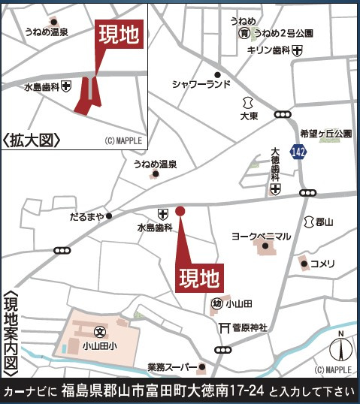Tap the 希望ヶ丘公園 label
325,133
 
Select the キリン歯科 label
269,50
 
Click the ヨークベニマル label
261,237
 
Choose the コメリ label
322,264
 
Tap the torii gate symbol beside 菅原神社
223,327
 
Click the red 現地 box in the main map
200,279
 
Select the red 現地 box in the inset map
119,36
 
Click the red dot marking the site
180,211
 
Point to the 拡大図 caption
30,140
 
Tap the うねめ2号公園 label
283,34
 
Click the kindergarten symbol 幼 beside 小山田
216,303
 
